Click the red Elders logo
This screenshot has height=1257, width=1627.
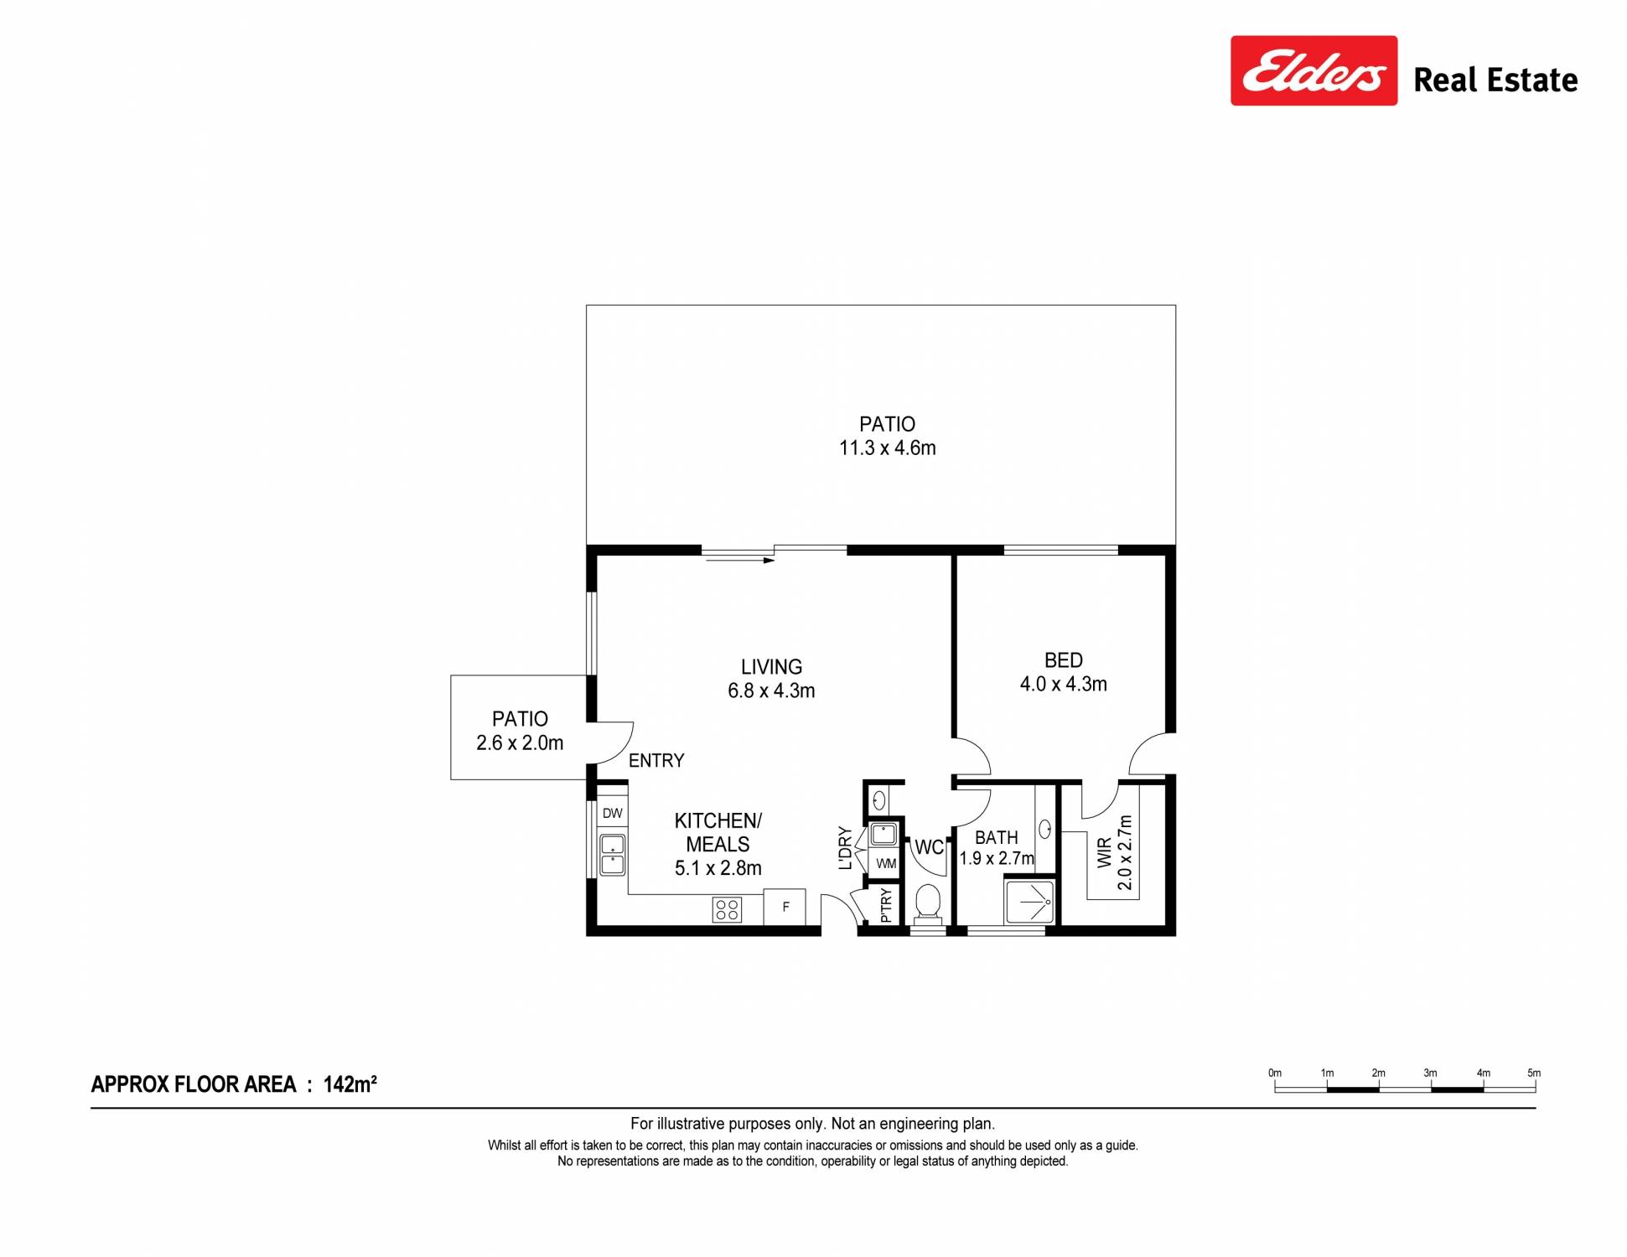(x=1314, y=70)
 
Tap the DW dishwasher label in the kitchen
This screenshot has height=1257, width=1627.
(x=613, y=813)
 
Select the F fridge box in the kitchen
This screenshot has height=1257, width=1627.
(x=785, y=907)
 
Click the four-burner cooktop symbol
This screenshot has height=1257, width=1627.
(x=727, y=909)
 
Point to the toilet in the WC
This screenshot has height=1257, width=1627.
(x=927, y=904)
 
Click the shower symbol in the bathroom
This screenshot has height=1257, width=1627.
(x=1030, y=901)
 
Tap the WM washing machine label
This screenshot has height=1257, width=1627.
(x=886, y=863)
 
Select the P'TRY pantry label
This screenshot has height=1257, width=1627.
(x=886, y=905)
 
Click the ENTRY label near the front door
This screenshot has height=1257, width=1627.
(x=656, y=761)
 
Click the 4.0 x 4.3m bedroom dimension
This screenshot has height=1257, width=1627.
(x=1063, y=685)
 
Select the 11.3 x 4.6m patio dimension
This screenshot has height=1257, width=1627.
(x=888, y=448)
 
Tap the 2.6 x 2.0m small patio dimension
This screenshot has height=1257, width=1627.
(x=520, y=743)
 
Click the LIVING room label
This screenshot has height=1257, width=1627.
(x=771, y=667)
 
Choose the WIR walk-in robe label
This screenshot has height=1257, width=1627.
(x=1105, y=853)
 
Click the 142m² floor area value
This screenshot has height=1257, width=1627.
(x=350, y=1084)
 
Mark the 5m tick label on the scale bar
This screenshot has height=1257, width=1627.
(x=1534, y=1073)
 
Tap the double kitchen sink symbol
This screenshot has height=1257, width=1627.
(x=612, y=854)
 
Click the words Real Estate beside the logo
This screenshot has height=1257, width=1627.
(x=1495, y=80)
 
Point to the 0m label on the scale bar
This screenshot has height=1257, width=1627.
(x=1275, y=1073)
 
